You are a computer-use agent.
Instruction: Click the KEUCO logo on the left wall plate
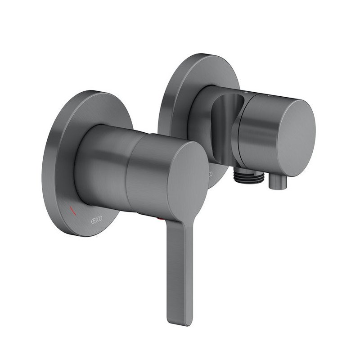[x=96, y=220]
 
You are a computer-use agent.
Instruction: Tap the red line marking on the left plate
[x=73, y=211]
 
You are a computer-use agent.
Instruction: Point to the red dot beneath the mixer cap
[x=159, y=219]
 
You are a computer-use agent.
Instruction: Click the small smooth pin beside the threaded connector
[x=277, y=183]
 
